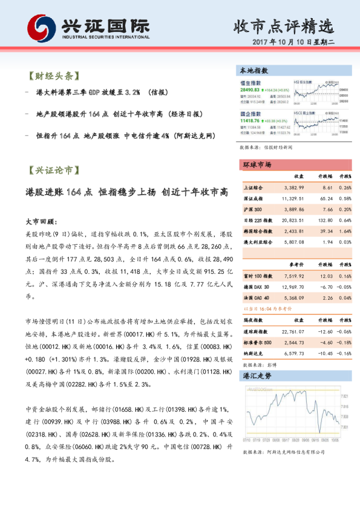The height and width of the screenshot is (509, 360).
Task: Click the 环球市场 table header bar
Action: click(x=257, y=164)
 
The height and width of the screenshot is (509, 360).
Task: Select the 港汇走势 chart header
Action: click(x=257, y=375)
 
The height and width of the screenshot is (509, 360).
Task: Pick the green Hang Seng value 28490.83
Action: click(x=250, y=88)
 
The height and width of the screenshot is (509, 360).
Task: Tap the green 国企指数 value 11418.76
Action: click(x=250, y=120)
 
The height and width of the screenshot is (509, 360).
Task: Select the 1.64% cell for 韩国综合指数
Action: click(x=345, y=231)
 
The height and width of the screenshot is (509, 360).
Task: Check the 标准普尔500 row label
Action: click(x=257, y=342)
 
